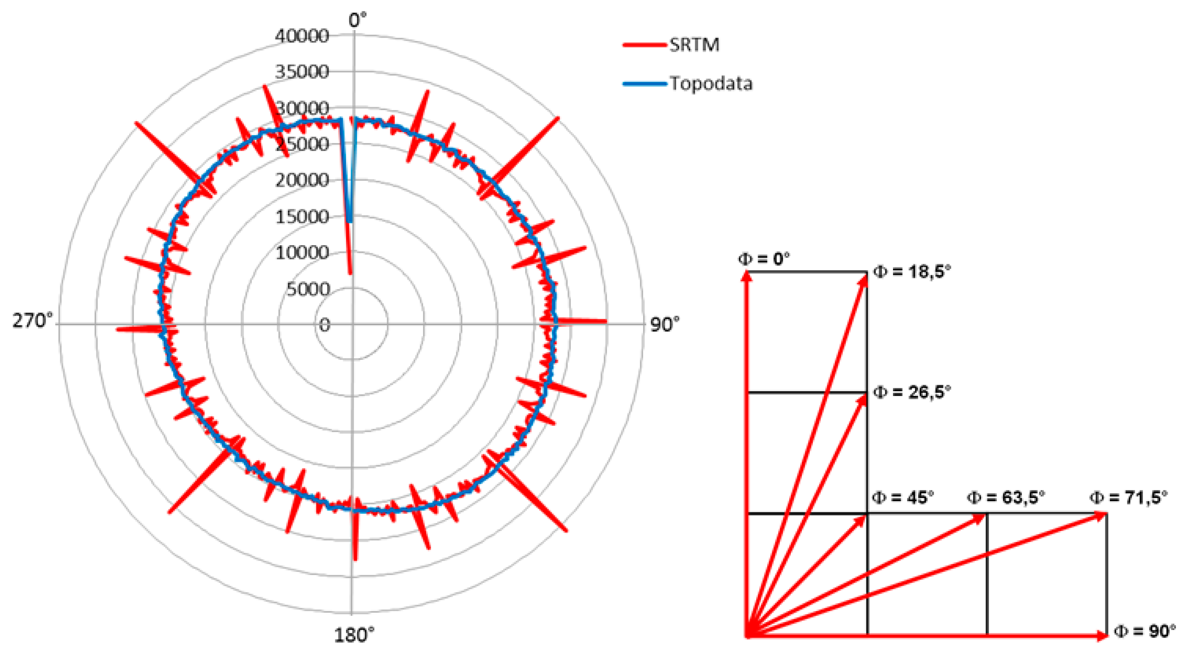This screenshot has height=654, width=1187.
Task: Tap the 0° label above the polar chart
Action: point(357,20)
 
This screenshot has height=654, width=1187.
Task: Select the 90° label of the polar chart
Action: point(664,324)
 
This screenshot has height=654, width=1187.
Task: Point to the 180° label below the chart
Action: point(353,635)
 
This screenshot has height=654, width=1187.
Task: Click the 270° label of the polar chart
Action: point(32,321)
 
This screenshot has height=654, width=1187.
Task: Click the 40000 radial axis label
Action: point(302,36)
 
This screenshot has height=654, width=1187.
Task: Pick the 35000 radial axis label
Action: point(302,72)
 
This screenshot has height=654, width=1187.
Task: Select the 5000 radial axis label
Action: point(308,289)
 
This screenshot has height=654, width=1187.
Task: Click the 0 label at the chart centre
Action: point(324,325)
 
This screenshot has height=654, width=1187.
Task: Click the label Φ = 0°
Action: point(763,259)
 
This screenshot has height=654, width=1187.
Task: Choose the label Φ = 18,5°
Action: point(912,272)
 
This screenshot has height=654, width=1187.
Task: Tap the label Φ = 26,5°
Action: point(912,392)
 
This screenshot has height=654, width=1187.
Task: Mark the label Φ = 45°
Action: point(903,497)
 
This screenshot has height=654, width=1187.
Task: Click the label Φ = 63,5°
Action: point(1005,497)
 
